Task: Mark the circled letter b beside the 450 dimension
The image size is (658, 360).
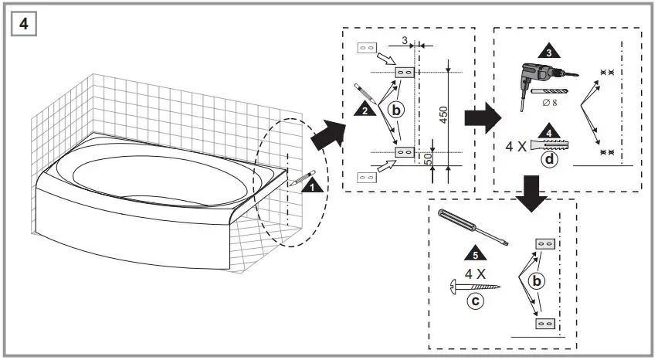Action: click(395, 110)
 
